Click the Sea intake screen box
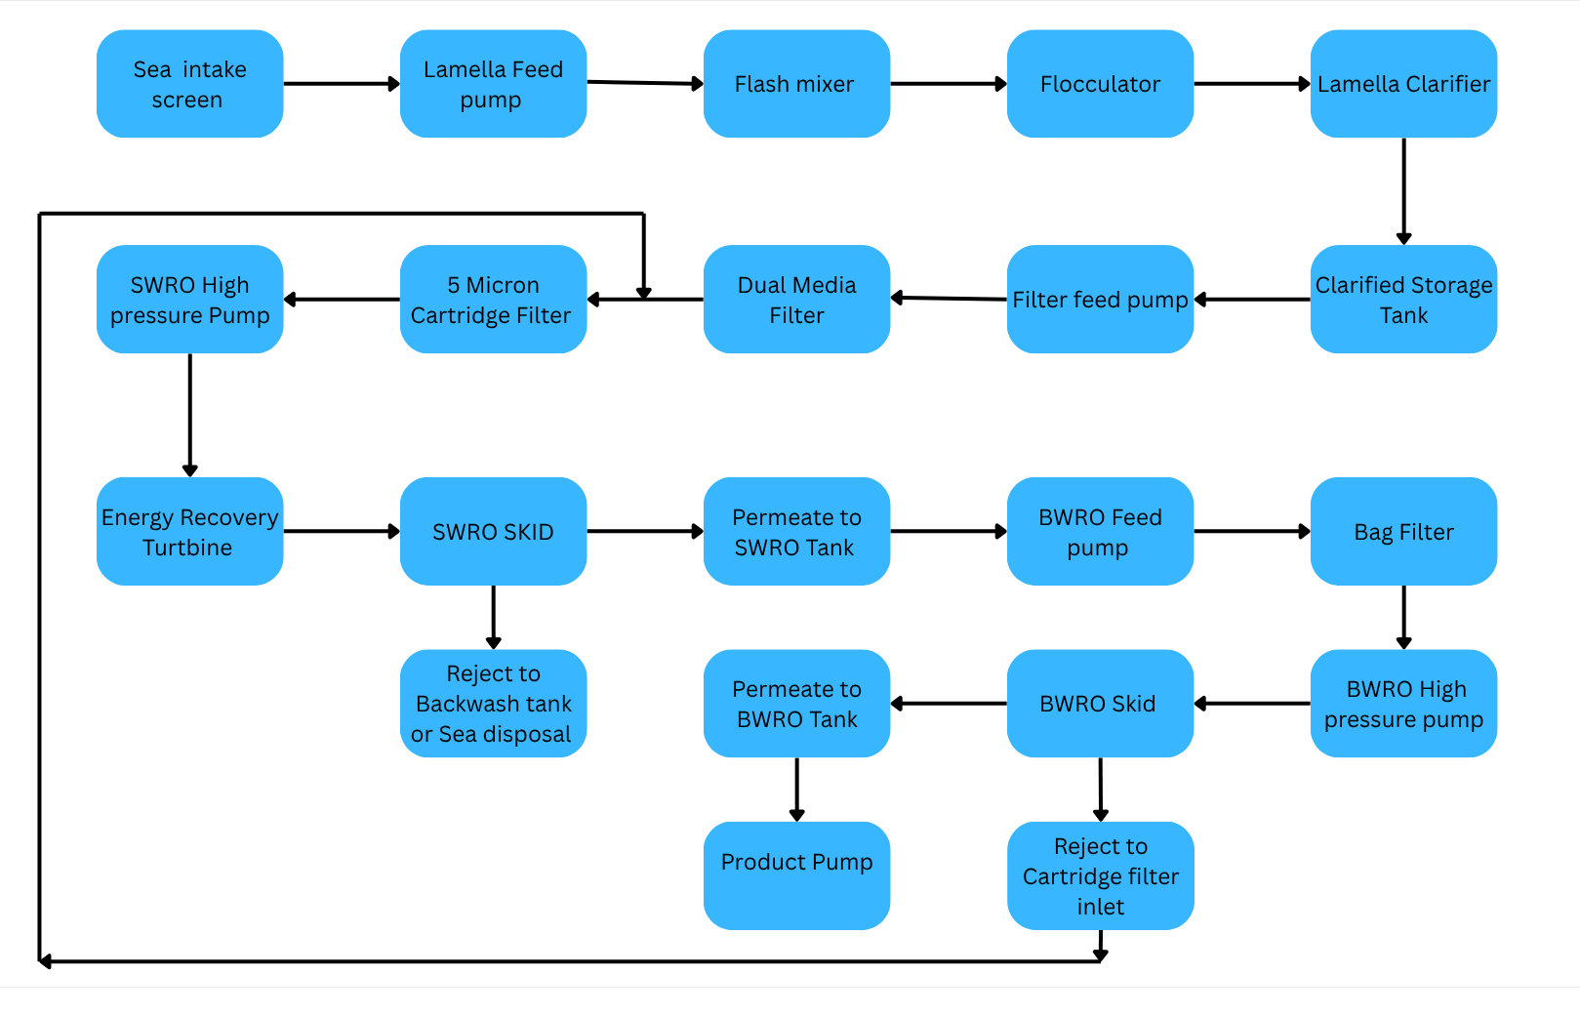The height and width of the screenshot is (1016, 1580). point(189,84)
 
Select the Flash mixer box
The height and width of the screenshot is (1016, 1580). point(795,84)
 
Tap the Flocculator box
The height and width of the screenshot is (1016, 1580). point(1100,84)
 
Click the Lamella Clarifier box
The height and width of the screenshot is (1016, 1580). point(1403,84)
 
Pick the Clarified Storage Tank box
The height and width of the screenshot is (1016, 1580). point(1403,300)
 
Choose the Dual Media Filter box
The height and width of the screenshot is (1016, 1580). point(795,300)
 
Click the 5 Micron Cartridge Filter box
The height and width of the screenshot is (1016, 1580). point(493,300)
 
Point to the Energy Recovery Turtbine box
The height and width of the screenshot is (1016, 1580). point(189,532)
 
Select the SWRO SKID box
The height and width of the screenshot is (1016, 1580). point(493,532)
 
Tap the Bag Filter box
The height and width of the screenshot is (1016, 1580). point(1403,532)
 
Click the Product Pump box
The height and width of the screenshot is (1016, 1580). point(795,875)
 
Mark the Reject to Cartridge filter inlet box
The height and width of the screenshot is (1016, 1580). point(1100,875)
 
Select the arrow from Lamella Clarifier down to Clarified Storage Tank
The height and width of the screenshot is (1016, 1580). point(1403,190)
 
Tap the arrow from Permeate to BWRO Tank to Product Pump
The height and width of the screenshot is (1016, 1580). point(796,789)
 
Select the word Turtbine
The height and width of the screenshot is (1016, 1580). point(187,548)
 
